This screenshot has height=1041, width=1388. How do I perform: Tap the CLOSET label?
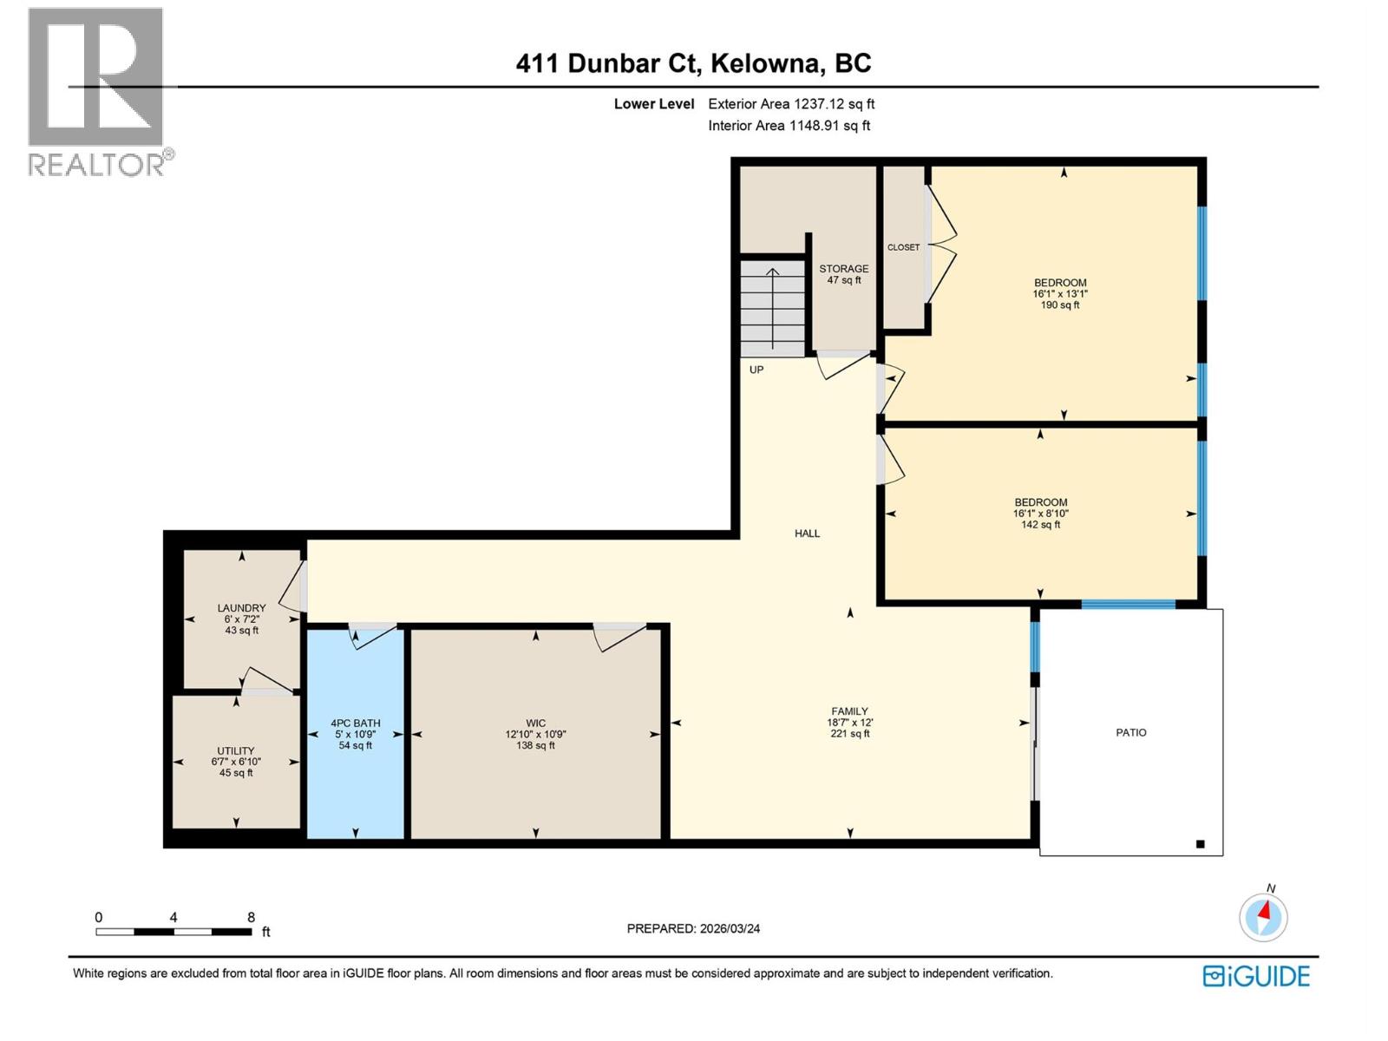coord(903,247)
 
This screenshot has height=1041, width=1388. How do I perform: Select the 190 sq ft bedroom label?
coord(1060,293)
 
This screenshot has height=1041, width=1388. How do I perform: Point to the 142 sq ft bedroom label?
coord(1041,513)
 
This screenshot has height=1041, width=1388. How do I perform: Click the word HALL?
coord(807,534)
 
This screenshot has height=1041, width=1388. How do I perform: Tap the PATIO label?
coord(1130,732)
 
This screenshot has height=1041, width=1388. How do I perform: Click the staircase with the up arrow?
coord(772,308)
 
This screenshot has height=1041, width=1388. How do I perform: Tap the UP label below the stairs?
coord(756,370)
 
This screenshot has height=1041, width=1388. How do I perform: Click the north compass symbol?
coord(1263,917)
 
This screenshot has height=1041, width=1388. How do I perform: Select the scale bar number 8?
coord(251,917)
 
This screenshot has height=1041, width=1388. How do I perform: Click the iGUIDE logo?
coord(1256,976)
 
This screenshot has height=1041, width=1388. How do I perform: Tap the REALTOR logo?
coord(97,91)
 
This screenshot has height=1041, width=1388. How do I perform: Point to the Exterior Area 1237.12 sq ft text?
coord(790,104)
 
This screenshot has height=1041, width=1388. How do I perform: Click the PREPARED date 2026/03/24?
coord(693,928)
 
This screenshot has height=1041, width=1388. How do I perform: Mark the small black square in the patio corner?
coord(1201,843)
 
